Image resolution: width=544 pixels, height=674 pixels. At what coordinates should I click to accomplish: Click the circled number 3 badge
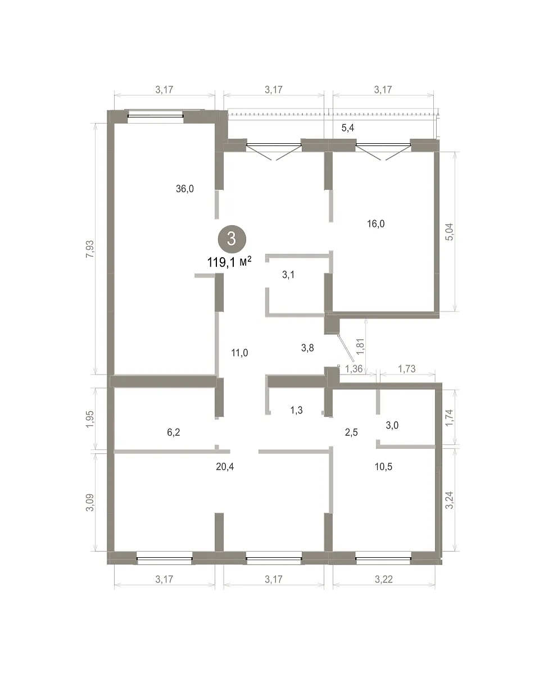coord(232,239)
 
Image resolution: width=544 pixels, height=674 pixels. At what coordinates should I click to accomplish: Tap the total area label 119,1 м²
coord(229,262)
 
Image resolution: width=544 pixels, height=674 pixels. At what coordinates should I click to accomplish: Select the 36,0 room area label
coord(184,189)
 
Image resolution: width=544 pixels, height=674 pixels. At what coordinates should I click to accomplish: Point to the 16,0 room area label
coord(376,224)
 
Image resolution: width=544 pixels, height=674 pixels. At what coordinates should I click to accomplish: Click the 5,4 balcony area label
coord(347,128)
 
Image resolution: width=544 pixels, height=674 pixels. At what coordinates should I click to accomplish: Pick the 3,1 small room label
coord(288,275)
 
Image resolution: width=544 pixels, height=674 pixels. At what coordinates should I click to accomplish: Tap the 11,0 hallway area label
coord(239,353)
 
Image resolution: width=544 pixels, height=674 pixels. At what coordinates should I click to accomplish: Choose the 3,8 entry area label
coord(307,348)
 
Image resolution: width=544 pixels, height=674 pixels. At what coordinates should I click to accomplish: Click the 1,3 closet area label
coord(296,410)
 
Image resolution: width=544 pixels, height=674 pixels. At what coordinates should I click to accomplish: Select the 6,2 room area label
coord(173,432)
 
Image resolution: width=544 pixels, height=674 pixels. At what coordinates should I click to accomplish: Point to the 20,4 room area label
coord(225,467)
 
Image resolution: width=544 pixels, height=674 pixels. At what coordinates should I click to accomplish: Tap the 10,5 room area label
coord(384,467)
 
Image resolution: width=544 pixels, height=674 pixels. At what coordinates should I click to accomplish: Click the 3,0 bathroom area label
coord(392,425)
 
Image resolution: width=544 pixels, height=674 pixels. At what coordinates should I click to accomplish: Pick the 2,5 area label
coord(351,432)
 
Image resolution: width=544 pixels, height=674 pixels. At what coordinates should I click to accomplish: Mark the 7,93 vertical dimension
coord(90,249)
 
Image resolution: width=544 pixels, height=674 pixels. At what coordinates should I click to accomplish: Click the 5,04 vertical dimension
coord(450,232)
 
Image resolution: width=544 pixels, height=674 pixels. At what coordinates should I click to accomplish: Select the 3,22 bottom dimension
coord(384,580)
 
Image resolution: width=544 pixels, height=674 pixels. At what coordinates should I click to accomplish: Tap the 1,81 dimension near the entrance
coord(361,347)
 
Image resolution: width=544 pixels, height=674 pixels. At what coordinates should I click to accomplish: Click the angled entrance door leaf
coord(346,349)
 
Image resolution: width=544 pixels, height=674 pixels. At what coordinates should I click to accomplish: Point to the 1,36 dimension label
coord(354,369)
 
